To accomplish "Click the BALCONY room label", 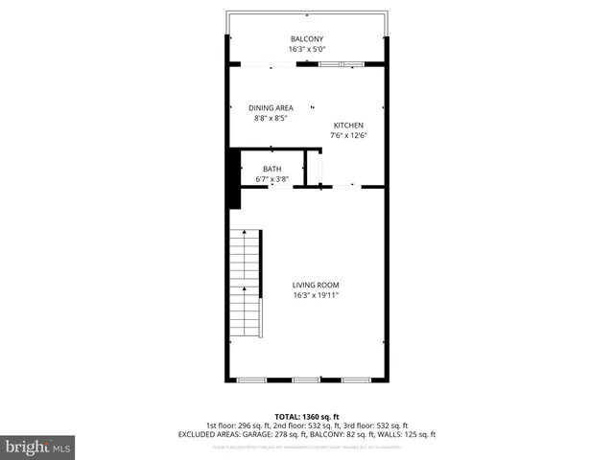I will point(306,39).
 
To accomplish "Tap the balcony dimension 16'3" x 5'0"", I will point(306,49).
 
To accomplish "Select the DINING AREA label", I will point(272,108).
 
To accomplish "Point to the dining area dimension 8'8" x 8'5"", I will point(272,118).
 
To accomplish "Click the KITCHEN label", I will point(348,126).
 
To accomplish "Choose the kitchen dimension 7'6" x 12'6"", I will point(348,135).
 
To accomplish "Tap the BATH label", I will point(272,170).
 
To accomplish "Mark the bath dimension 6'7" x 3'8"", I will point(272,179).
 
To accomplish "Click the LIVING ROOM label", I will point(316,285).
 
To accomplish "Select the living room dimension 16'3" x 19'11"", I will point(316,295).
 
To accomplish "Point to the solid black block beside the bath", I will point(232,177).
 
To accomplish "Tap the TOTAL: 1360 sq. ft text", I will point(306,415).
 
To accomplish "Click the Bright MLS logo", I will point(38,446).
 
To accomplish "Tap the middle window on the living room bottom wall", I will point(306,379).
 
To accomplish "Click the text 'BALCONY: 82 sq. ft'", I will point(347,434).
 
